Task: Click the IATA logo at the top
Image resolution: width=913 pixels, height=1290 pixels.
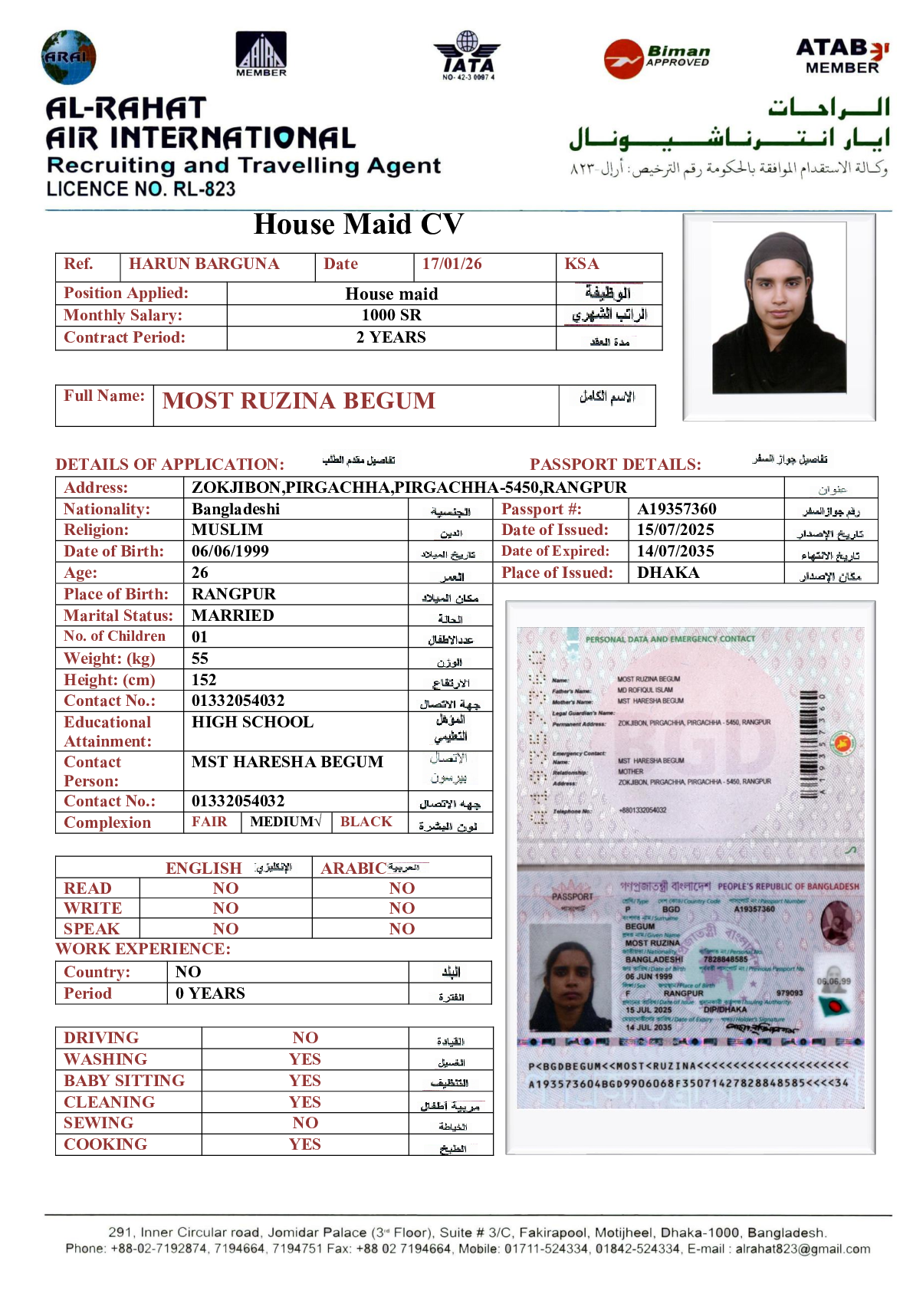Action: click(x=467, y=56)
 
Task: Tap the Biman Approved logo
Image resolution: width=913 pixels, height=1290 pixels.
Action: click(x=657, y=58)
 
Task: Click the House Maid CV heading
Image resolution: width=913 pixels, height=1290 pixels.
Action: click(x=358, y=225)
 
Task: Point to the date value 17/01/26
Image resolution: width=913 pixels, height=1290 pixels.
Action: click(x=452, y=264)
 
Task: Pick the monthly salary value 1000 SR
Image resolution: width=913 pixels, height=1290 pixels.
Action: click(x=391, y=315)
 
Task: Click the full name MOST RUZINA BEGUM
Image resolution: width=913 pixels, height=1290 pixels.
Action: click(x=299, y=401)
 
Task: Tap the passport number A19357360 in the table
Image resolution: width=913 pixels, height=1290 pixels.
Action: click(x=676, y=509)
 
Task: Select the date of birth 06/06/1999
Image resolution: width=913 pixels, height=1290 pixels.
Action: click(x=230, y=551)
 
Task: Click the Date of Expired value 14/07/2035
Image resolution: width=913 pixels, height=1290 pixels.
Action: click(x=675, y=551)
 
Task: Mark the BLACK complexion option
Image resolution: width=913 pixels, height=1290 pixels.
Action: click(x=366, y=822)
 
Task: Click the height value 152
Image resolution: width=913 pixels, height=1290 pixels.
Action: click(x=204, y=680)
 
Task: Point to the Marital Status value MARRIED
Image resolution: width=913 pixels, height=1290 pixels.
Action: click(x=232, y=615)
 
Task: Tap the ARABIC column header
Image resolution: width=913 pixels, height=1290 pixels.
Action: click(x=353, y=868)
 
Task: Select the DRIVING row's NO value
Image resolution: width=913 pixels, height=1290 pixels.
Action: click(x=305, y=1038)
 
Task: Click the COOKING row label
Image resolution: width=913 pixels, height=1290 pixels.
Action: click(x=105, y=1144)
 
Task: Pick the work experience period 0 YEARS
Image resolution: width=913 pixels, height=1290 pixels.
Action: click(x=210, y=993)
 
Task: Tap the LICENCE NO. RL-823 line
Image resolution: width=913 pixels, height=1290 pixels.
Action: click(x=141, y=189)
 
